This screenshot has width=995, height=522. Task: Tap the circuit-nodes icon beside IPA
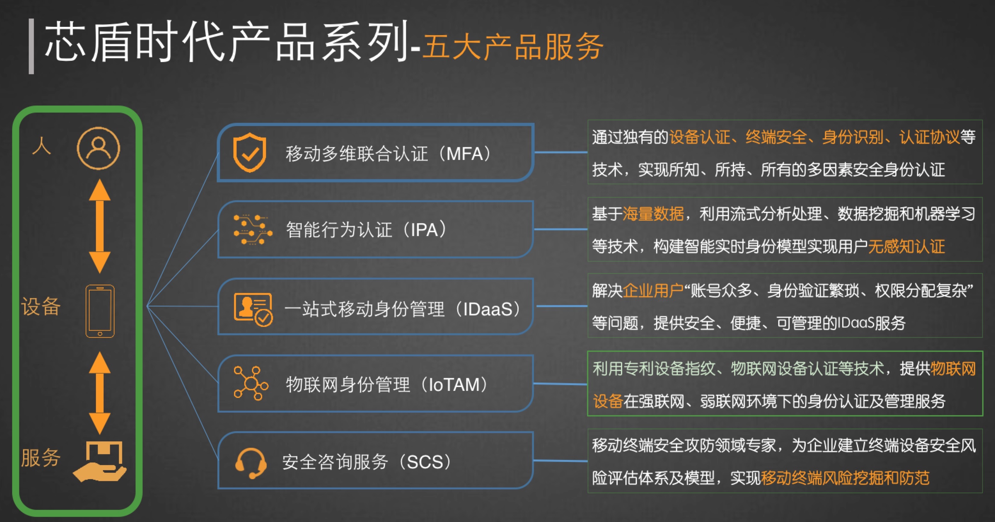[x=253, y=230]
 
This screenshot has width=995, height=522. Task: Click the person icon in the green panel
[x=98, y=148]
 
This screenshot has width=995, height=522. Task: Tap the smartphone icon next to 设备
[x=100, y=311]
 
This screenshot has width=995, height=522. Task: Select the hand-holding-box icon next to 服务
[x=100, y=461]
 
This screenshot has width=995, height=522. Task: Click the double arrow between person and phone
[x=100, y=226]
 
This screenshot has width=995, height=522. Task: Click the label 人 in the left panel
[x=42, y=146]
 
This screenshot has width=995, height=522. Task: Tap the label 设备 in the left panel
[x=41, y=306]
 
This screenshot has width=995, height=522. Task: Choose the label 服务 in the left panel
[x=41, y=457]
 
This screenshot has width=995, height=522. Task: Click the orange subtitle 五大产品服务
[x=513, y=47]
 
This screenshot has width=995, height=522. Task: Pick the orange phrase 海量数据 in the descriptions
[x=653, y=214]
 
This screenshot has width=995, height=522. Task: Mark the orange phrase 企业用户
[x=653, y=290]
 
